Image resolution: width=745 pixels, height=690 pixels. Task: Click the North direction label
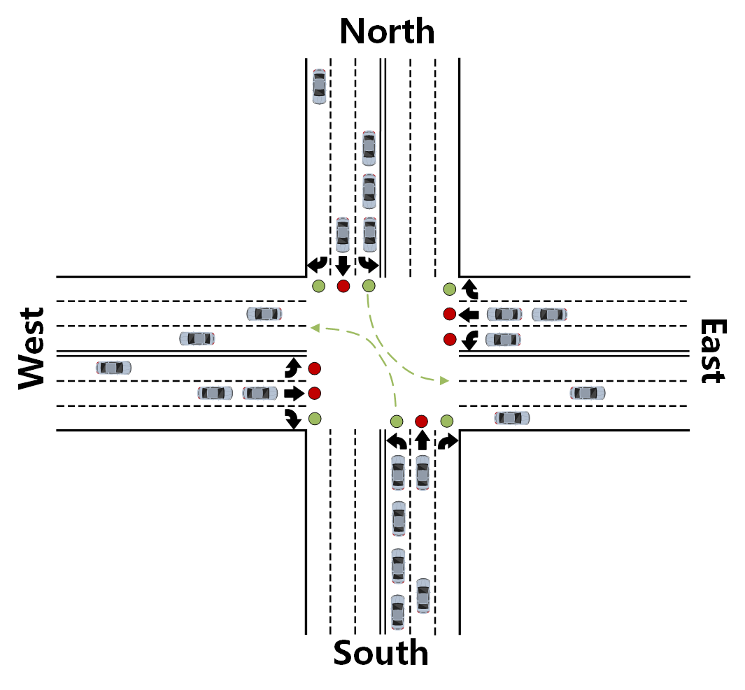(x=387, y=31)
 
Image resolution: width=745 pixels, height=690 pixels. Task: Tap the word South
(x=381, y=653)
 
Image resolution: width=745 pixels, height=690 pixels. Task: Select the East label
(x=713, y=351)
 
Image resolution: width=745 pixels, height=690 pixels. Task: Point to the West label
(x=31, y=348)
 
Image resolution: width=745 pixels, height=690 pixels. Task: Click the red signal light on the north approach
(x=343, y=286)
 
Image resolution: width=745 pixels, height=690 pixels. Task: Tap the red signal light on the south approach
(x=421, y=421)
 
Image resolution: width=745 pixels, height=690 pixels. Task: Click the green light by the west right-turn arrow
(x=315, y=418)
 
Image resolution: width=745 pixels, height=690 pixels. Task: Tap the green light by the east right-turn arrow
(x=449, y=289)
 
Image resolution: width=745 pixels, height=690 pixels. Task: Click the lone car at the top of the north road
(x=319, y=87)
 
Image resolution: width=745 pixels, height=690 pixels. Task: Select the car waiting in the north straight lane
(x=342, y=235)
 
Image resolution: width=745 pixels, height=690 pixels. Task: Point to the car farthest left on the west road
(x=114, y=367)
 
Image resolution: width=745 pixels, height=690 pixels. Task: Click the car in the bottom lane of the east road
(x=512, y=418)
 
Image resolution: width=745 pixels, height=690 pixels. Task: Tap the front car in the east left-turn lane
(x=503, y=340)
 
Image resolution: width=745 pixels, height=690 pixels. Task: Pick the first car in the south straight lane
(x=422, y=472)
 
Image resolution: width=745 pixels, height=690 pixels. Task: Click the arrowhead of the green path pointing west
(x=314, y=326)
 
